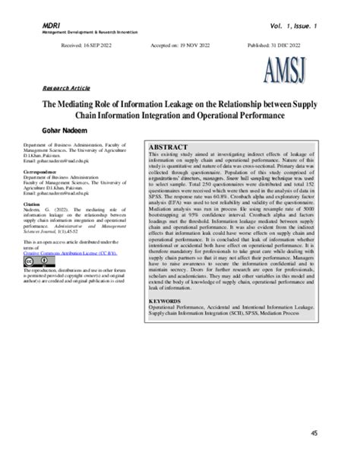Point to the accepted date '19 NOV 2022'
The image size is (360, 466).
(x=191, y=46)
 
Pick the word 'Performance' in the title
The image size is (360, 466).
(x=267, y=116)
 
